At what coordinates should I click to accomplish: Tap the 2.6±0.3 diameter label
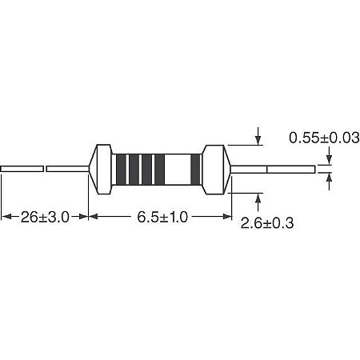pos(267,224)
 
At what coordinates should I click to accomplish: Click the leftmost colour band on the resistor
pos(122,169)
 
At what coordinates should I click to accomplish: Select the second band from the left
pos(134,169)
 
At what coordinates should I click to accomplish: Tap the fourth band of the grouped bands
pos(159,169)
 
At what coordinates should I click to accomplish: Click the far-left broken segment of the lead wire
pos(22,169)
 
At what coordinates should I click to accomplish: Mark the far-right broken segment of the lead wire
pos(290,169)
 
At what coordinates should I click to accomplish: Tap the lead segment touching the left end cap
pos(67,169)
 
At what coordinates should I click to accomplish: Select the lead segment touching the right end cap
pos(246,169)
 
